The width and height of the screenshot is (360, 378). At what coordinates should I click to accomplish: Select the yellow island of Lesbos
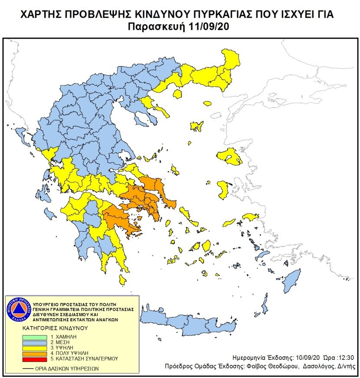tap(230, 156)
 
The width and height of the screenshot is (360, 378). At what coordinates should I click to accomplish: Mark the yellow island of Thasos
tap(207, 104)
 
